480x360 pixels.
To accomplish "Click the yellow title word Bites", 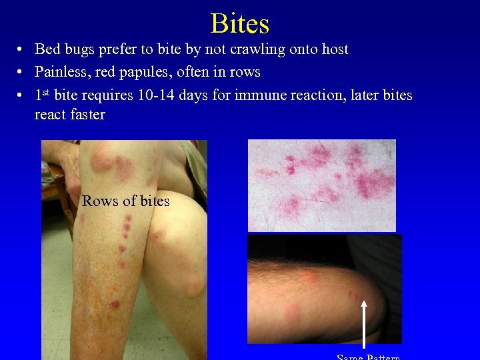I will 239,23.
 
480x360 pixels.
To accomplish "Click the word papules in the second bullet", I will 142,72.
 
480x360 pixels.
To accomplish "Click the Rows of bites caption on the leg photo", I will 126,201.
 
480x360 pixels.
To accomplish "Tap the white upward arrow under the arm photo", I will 364,323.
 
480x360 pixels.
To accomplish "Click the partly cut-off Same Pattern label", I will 369,357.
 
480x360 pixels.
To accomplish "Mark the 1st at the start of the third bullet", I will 43,95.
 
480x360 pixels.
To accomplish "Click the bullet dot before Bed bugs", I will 22,50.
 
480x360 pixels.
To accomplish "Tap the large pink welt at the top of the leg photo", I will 104,159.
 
